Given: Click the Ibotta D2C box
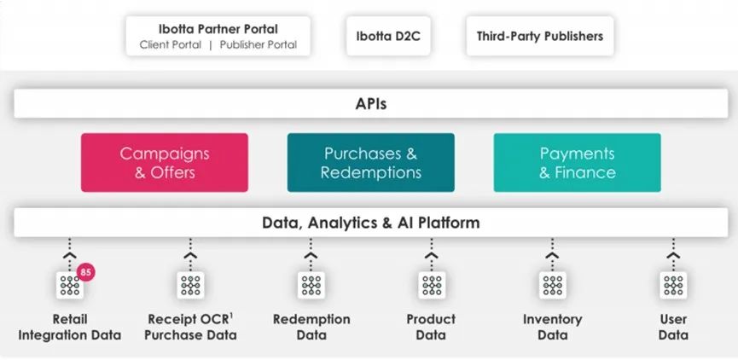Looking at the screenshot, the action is [x=388, y=36].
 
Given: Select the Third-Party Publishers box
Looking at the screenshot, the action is [x=540, y=36].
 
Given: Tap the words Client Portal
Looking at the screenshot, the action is [x=171, y=45].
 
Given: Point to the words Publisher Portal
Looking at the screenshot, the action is [x=259, y=45].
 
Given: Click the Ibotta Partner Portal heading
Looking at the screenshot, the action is [x=218, y=29].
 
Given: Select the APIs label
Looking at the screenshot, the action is [x=371, y=104].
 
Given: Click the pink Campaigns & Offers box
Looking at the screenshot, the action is [x=165, y=162].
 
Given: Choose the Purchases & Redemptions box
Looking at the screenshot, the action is [x=371, y=162].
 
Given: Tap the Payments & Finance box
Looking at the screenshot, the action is [x=577, y=162].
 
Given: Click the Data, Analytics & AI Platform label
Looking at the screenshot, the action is [x=371, y=222].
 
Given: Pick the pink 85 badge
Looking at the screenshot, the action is [x=85, y=272].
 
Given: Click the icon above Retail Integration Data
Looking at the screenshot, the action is [x=70, y=285].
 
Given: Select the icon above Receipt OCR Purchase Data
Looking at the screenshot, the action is [x=190, y=285].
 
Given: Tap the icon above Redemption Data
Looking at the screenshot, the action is [x=311, y=285].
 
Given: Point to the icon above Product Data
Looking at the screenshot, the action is [x=432, y=285].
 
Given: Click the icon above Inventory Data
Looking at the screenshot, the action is [x=553, y=285].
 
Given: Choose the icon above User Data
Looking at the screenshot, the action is [x=673, y=285].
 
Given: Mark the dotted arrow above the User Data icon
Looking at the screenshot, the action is [x=673, y=253].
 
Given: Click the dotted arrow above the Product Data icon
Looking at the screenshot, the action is [x=432, y=253].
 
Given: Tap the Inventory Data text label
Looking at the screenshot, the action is [x=553, y=327].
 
